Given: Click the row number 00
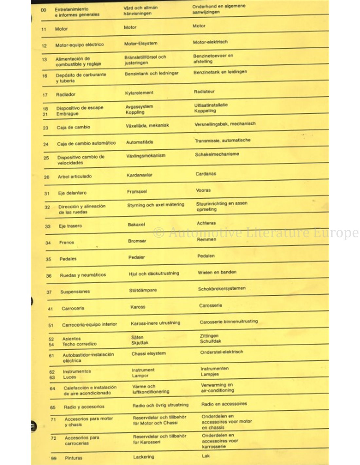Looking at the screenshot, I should tap(43, 10).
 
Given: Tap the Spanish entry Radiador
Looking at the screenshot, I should tap(65, 95).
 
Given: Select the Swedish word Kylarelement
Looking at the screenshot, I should tap(139, 93).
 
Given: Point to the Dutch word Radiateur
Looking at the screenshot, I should tap(204, 92).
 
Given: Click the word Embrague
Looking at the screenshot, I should tap(67, 114).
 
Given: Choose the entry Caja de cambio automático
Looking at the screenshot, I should tap(86, 143).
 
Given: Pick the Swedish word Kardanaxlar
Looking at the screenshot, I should tap(139, 175).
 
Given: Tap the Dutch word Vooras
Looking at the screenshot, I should tap(203, 190).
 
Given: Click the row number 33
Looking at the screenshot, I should tap(48, 226).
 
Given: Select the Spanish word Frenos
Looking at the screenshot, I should tap(67, 242).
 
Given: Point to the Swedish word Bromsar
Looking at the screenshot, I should tap(137, 241).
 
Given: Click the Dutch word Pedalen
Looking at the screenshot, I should tap(206, 256).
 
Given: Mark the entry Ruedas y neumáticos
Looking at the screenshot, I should tap(83, 275).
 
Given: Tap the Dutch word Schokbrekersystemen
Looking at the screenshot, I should tap(222, 289).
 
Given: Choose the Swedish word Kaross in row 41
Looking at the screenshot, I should tap(138, 307).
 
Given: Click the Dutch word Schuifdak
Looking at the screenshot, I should tap(210, 341).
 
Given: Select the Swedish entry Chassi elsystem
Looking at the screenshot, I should tap(149, 353).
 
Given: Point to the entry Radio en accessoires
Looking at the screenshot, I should tap(224, 404).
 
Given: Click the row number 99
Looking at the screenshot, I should tap(54, 458).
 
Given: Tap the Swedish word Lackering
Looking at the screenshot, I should tap(143, 457).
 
